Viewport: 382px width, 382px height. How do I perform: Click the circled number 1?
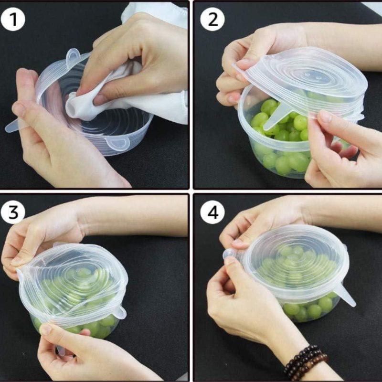(13, 20)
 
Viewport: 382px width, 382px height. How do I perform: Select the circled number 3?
(13, 212)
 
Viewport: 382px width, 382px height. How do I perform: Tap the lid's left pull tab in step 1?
(14, 126)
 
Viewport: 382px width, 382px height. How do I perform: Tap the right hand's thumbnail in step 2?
(325, 117)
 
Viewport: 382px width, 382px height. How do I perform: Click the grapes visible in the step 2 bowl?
(282, 153)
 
